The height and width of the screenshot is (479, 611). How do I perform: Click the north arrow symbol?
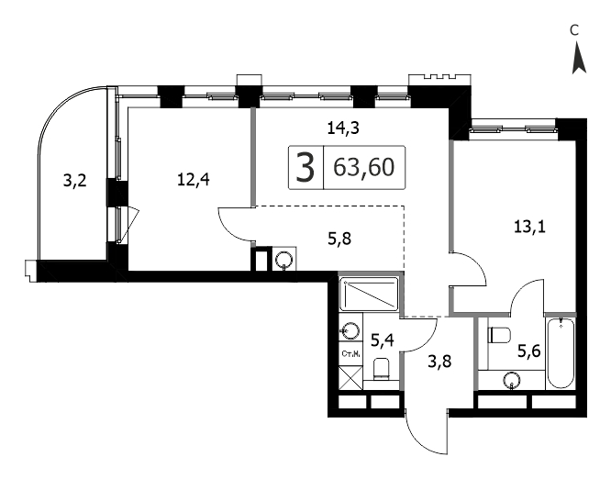pyautogui.click(x=579, y=59)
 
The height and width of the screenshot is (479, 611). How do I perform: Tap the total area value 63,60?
pyautogui.click(x=364, y=167)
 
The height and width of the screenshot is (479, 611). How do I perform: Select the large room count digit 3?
pyautogui.click(x=305, y=168)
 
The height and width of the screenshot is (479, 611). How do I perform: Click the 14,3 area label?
pyautogui.click(x=343, y=128)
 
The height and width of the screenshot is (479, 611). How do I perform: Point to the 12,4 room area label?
pyautogui.click(x=194, y=180)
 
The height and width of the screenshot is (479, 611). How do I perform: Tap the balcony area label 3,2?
pyautogui.click(x=75, y=181)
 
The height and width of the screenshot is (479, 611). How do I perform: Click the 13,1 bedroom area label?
pyautogui.click(x=530, y=227)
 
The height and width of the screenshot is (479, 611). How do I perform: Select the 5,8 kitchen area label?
pyautogui.click(x=339, y=239)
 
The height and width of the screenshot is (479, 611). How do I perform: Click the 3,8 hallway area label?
pyautogui.click(x=439, y=362)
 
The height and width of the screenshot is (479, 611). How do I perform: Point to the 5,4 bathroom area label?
pyautogui.click(x=382, y=340)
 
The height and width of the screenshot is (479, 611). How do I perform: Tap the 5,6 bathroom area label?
pyautogui.click(x=528, y=352)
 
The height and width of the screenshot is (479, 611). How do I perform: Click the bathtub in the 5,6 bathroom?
pyautogui.click(x=561, y=353)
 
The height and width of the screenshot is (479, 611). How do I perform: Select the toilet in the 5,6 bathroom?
pyautogui.click(x=499, y=335)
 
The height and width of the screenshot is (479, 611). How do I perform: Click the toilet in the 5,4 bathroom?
pyautogui.click(x=382, y=369)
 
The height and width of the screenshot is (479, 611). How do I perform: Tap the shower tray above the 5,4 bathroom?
pyautogui.click(x=369, y=294)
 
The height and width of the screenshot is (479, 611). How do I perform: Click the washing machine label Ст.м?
pyautogui.click(x=350, y=354)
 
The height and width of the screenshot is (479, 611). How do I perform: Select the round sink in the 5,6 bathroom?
pyautogui.click(x=511, y=380)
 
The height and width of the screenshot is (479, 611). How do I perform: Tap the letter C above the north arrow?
pyautogui.click(x=574, y=30)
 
